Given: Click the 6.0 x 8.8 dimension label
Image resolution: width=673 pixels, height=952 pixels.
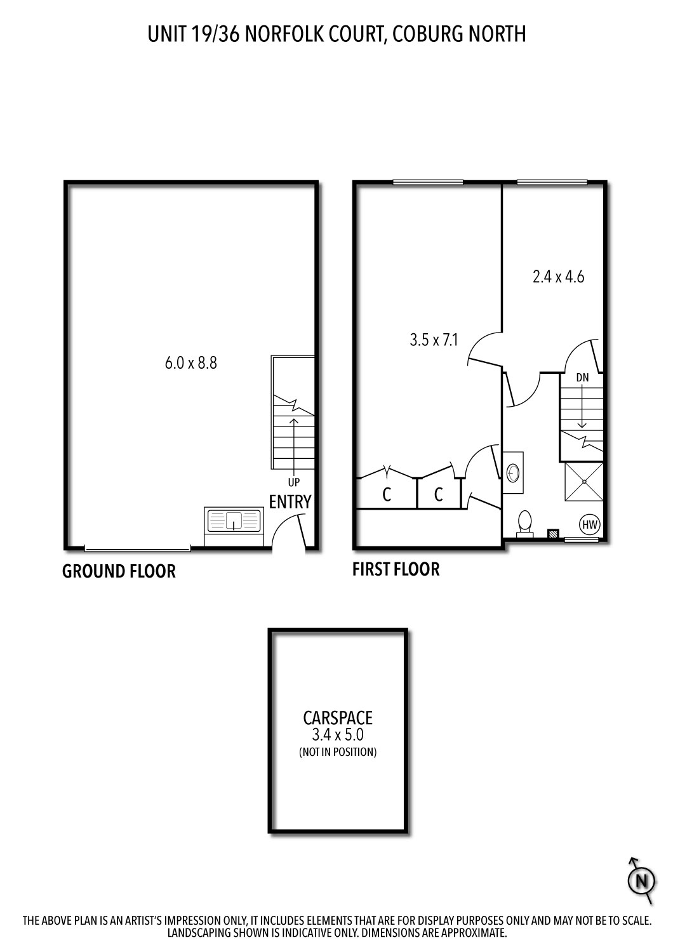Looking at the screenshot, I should [190, 364].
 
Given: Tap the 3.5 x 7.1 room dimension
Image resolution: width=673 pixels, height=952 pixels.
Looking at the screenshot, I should [434, 340].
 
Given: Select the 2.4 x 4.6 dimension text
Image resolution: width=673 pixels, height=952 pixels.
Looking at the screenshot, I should [557, 277].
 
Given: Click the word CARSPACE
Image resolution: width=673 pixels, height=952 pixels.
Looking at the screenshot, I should [337, 718].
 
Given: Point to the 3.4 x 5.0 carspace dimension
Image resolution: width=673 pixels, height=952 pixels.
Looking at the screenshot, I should [337, 736].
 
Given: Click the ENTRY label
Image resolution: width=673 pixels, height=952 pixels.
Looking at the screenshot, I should [290, 502].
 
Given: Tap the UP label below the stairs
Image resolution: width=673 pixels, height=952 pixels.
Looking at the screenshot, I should [293, 482].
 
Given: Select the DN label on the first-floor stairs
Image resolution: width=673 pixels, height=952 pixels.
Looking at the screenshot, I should [582, 378].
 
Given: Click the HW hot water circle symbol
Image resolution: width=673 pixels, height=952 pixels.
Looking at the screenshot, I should [590, 525].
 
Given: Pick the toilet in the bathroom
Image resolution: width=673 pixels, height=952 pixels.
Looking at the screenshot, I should [525, 524].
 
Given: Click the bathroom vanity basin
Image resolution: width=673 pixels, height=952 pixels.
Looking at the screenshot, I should [514, 472].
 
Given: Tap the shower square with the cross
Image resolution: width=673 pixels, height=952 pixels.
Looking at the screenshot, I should [583, 482].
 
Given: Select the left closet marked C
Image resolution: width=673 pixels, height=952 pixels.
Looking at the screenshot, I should [386, 495].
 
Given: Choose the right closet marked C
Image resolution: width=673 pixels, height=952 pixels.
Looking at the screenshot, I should [438, 495].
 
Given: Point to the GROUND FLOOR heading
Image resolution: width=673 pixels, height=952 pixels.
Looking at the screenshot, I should [119, 571].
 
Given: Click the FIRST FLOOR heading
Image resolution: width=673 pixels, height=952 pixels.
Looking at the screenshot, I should [396, 569].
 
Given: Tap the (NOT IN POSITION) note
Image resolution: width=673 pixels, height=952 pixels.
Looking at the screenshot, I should [337, 753].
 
